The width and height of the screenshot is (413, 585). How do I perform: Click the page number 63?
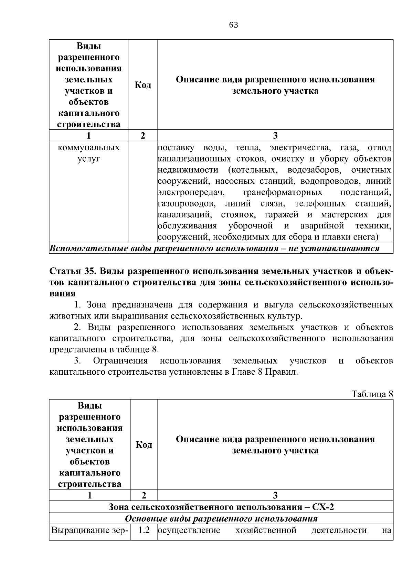[x=233, y=25]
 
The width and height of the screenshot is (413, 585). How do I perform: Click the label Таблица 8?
[x=372, y=394]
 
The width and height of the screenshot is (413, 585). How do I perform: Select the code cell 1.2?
[x=144, y=530]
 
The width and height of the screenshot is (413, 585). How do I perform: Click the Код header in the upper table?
[x=143, y=85]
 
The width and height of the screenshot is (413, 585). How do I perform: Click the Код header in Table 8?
[x=144, y=445]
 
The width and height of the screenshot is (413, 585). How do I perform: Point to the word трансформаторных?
[x=282, y=192]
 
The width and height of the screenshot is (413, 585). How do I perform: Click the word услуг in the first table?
[x=89, y=159]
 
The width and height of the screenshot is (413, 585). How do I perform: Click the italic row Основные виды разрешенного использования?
[x=221, y=518]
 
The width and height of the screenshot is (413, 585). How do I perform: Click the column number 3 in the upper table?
[x=275, y=135]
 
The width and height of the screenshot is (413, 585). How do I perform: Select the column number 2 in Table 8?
[x=144, y=495]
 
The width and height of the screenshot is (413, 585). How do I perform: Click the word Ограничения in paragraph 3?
[x=120, y=361]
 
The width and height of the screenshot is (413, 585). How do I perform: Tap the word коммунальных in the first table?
[x=89, y=148]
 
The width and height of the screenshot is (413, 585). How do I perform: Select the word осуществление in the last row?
[x=189, y=530]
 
